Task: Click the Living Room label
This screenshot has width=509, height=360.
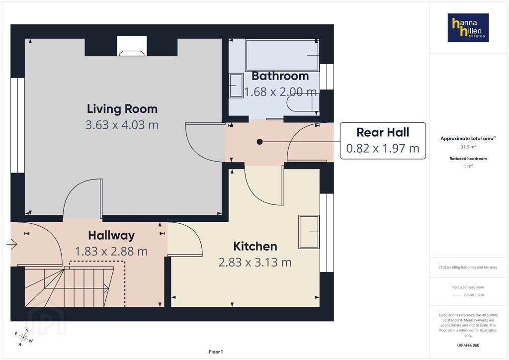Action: pyautogui.click(x=122, y=109)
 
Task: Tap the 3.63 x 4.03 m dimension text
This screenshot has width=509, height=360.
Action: pyautogui.click(x=122, y=125)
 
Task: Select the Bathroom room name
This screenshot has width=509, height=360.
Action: pyautogui.click(x=280, y=76)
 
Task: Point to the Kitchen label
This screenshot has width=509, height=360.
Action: pyautogui.click(x=255, y=247)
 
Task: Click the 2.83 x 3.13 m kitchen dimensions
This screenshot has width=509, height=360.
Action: pyautogui.click(x=255, y=262)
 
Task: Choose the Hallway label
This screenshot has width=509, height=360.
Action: pyautogui.click(x=111, y=236)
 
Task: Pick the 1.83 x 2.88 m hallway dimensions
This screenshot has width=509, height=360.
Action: pyautogui.click(x=111, y=251)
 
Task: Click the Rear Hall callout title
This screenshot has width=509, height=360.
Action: pyautogui.click(x=383, y=132)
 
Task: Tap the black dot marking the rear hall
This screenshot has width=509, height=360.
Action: pyautogui.click(x=259, y=142)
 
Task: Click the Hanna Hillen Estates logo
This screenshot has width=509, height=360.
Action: pyautogui.click(x=468, y=27)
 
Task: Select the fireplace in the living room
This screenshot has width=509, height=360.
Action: pyautogui.click(x=131, y=46)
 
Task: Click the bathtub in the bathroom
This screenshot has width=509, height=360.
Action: pyautogui.click(x=282, y=55)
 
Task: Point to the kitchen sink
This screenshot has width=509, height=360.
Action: pyautogui.click(x=309, y=232)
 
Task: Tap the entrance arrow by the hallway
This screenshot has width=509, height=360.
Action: pyautogui.click(x=12, y=244)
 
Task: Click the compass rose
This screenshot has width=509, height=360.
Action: pyautogui.click(x=23, y=338)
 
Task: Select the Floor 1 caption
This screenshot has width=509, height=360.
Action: pyautogui.click(x=216, y=352)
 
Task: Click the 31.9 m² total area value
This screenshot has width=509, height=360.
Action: pyautogui.click(x=468, y=147)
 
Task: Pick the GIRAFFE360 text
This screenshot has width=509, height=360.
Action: pyautogui.click(x=468, y=345)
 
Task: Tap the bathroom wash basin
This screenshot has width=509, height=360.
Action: pyautogui.click(x=236, y=86)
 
